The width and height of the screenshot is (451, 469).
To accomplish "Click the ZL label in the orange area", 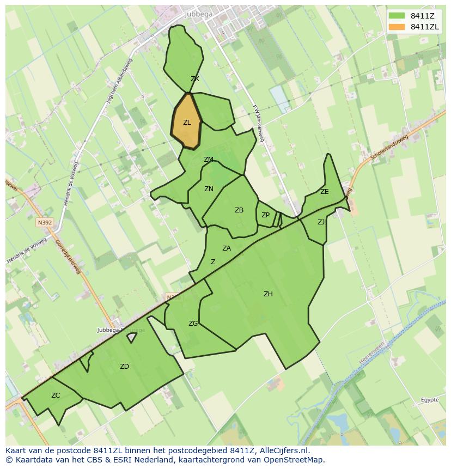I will [x=187, y=123].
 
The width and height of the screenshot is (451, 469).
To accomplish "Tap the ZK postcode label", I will [x=195, y=79].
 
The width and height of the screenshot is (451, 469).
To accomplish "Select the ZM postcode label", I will [x=209, y=160].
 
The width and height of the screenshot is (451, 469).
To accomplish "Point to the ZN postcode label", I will [x=209, y=189].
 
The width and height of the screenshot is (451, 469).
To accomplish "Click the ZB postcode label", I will [x=239, y=210].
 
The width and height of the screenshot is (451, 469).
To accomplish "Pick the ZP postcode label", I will [x=265, y=215].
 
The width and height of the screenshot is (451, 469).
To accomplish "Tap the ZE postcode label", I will [x=325, y=192].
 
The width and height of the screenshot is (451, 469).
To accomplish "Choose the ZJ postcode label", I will [x=321, y=222].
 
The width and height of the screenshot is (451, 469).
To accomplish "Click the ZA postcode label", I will [x=227, y=248].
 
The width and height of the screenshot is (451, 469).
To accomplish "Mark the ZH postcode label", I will [x=268, y=294].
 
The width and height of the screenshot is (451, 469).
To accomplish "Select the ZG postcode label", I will [x=193, y=324].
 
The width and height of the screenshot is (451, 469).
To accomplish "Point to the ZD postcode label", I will [x=124, y=367].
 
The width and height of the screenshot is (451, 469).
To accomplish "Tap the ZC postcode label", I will [x=56, y=395].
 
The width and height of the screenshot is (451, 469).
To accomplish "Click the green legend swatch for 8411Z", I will [x=397, y=15].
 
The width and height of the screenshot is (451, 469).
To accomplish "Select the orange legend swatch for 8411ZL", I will [x=397, y=27].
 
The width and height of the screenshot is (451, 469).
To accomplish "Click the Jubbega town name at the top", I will [x=199, y=14].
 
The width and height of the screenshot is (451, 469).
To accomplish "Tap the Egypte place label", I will [x=430, y=400].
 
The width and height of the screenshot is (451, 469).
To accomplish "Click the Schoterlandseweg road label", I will [x=389, y=148].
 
